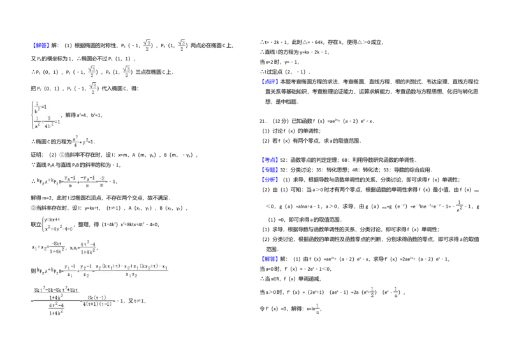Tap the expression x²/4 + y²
[x=81, y=141]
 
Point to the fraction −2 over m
[x=102, y=181]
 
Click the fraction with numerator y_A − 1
[x=70, y=181]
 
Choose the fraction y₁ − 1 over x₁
[x=69, y=270]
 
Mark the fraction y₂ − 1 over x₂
[x=86, y=270]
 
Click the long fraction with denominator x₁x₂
[x=133, y=270]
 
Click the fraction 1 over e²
[x=459, y=206]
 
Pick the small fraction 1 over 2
[x=373, y=292]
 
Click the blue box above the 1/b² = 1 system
[x=41, y=46]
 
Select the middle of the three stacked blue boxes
[x=270, y=169]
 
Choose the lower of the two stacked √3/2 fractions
[x=92, y=88]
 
